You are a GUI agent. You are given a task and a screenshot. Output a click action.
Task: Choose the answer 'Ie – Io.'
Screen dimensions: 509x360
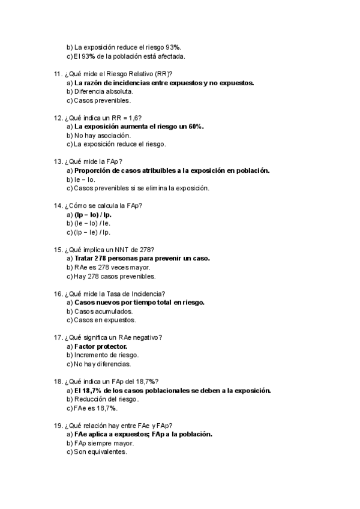84,179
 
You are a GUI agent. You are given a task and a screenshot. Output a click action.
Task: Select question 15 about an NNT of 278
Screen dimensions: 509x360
108,250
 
